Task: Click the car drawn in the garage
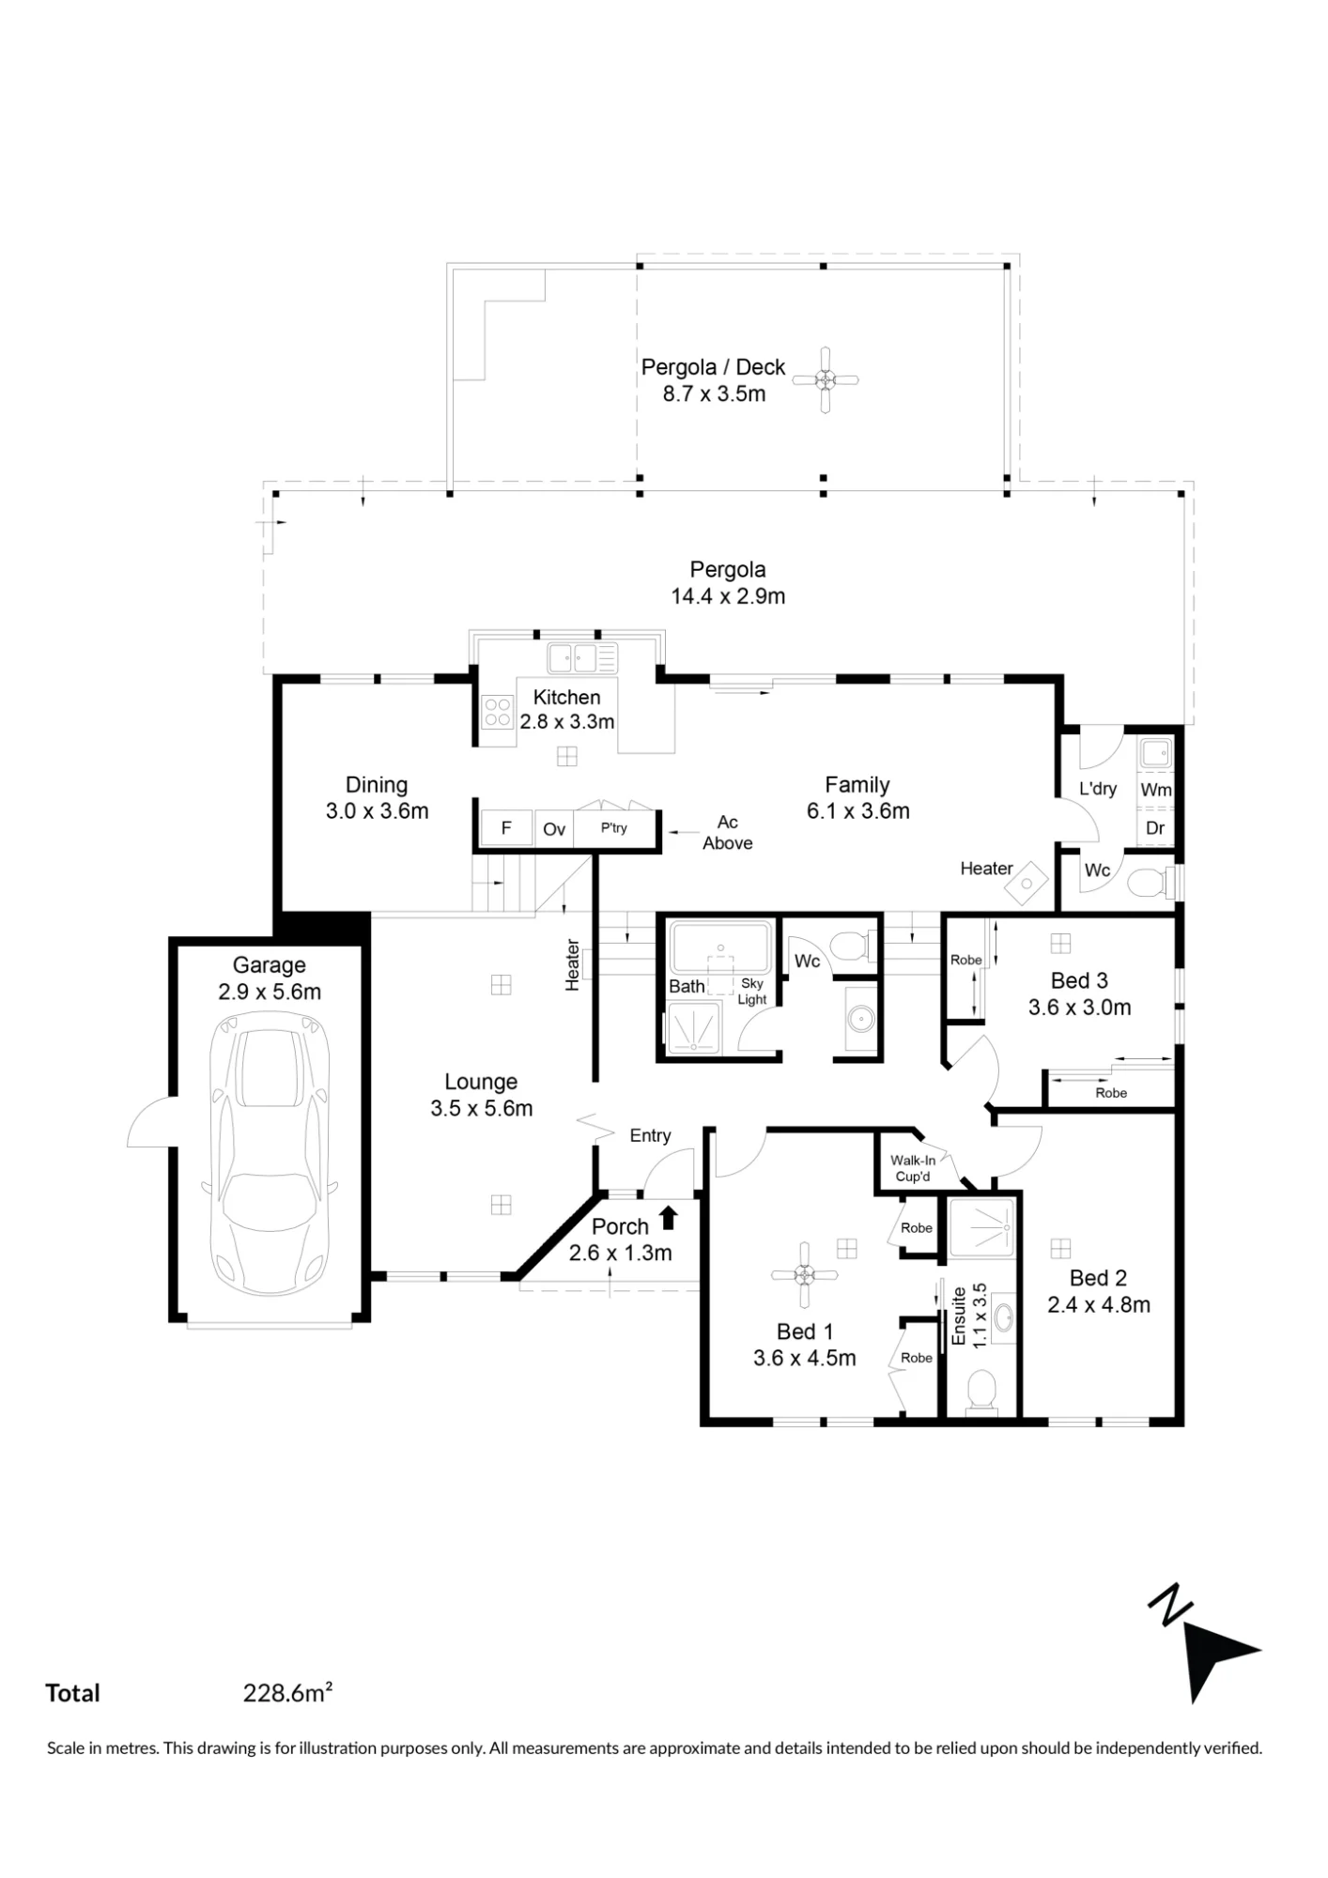(270, 1159)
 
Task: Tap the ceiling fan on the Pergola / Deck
(825, 380)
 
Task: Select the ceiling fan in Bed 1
(805, 1274)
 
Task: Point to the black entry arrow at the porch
(668, 1218)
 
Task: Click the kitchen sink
(583, 657)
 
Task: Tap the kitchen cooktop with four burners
(498, 712)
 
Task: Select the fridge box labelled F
(506, 828)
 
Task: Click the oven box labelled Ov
(554, 829)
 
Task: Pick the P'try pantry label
(614, 828)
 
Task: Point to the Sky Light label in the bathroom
(752, 992)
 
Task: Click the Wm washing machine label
(1156, 790)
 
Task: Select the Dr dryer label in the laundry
(1155, 828)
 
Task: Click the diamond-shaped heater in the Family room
(1027, 882)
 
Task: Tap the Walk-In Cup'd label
(913, 1168)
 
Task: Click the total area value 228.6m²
(288, 1693)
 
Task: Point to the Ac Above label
(728, 833)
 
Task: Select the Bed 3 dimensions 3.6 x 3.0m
(1079, 1008)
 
